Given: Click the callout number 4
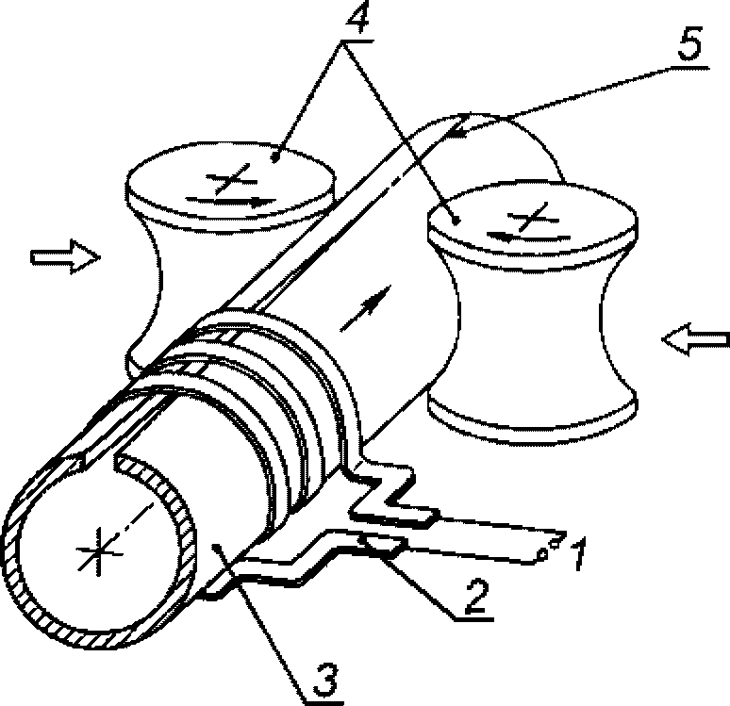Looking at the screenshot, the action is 357,19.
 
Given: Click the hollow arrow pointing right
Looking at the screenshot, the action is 65,257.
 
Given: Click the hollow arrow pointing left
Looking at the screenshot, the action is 695,339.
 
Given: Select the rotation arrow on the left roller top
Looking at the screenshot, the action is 231,202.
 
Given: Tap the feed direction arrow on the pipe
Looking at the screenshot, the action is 365,308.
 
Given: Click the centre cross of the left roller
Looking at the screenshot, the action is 231,179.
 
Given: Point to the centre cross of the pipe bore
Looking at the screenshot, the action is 99,552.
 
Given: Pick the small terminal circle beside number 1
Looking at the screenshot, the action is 542,554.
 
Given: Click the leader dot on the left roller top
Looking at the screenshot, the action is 275,159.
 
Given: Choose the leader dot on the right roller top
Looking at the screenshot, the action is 456,221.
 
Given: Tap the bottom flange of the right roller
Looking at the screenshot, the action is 533,419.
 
